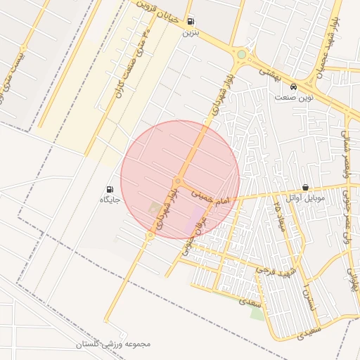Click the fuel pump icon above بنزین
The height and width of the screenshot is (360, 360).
click(x=191, y=22)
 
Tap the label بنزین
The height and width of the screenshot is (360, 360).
click(x=191, y=32)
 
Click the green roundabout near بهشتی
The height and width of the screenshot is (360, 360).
click(x=242, y=54)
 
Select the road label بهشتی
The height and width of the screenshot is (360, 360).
click(x=271, y=72)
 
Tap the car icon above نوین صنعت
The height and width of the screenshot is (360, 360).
click(x=294, y=87)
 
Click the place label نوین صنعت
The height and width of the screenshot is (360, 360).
click(x=294, y=98)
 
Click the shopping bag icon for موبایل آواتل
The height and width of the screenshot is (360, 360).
click(x=305, y=188)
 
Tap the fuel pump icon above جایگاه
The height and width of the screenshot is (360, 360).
click(x=110, y=189)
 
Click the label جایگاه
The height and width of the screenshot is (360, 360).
click(x=110, y=200)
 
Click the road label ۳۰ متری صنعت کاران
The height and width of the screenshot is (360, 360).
click(x=134, y=59)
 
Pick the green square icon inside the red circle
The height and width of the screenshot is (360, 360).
click(x=154, y=208)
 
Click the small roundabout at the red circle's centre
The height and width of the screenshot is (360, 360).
click(x=178, y=181)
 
